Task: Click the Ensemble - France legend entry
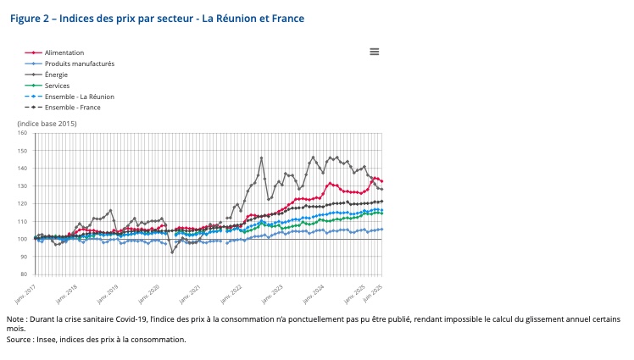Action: [73, 108]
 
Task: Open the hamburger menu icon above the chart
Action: [374, 52]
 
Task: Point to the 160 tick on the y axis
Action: [23, 133]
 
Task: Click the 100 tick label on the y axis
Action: [23, 239]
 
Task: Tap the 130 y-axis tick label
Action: [23, 186]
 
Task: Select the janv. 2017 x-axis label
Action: [25, 292]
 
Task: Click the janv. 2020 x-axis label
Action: [148, 292]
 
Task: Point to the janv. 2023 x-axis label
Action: [272, 292]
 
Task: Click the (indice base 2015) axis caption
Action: [47, 124]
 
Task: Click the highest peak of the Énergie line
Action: [261, 158]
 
